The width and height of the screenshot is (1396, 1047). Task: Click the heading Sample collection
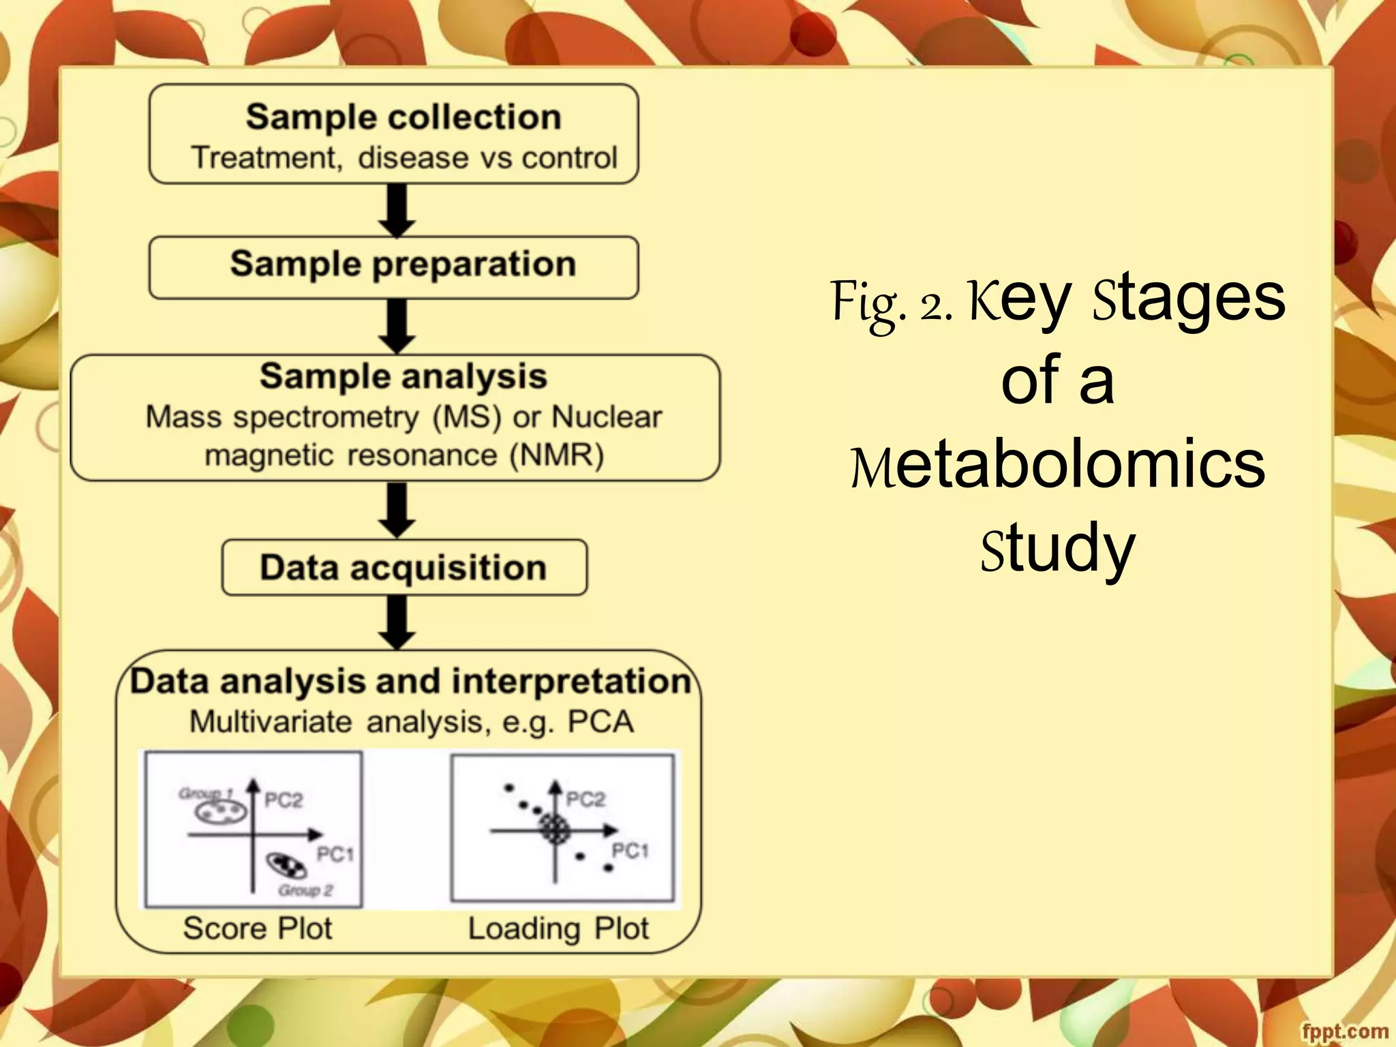(404, 117)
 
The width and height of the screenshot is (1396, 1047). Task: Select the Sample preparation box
(394, 267)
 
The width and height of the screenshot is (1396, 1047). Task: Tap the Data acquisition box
(404, 567)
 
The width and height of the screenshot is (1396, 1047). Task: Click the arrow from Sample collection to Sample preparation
(397, 210)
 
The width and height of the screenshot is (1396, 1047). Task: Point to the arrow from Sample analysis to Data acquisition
(397, 510)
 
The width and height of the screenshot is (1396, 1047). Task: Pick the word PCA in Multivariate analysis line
(601, 721)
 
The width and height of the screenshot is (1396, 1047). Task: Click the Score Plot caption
(258, 928)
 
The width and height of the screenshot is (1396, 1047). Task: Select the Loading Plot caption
(558, 928)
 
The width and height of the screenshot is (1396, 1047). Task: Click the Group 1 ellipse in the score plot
(220, 811)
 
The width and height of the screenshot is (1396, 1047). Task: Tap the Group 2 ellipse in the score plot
(287, 866)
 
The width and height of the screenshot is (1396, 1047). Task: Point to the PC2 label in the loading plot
(586, 799)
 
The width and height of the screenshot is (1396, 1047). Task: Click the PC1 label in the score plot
(335, 854)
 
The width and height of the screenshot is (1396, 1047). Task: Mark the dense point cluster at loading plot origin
(554, 829)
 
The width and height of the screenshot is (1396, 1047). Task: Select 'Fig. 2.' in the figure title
(891, 301)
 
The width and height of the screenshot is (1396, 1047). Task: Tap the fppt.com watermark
(1344, 1031)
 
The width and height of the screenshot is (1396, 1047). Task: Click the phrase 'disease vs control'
(488, 158)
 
